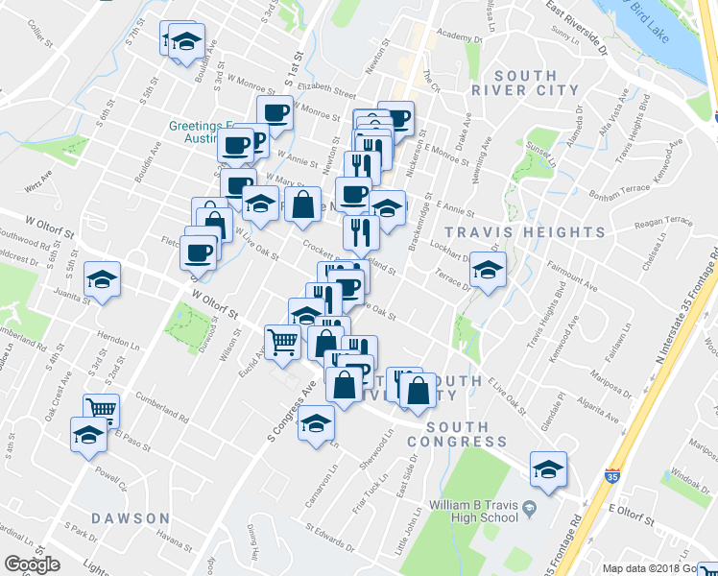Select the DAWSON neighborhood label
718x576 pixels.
point(131,518)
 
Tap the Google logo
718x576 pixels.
point(32,565)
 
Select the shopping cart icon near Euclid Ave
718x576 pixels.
point(283,341)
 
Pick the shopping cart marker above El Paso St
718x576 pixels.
point(101,410)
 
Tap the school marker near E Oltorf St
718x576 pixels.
point(548,469)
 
